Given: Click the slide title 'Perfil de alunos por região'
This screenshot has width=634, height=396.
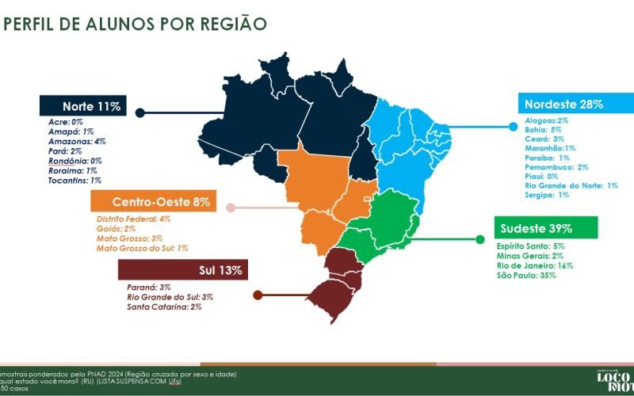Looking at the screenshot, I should (x=135, y=24).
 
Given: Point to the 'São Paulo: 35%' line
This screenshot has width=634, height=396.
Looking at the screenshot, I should (x=526, y=276).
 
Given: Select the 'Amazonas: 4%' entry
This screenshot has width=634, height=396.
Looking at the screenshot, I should (x=77, y=140).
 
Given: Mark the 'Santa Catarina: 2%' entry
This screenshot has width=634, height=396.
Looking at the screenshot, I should (x=164, y=307).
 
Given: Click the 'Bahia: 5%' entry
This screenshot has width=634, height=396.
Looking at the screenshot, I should (x=543, y=128).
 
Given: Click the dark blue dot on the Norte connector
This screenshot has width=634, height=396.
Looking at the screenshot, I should (x=140, y=113).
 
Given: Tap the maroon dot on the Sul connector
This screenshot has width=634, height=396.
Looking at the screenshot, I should (x=258, y=295).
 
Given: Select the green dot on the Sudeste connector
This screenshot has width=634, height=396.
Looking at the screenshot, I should (x=479, y=238).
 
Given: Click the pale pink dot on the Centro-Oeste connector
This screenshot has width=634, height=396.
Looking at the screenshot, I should (x=231, y=208).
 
